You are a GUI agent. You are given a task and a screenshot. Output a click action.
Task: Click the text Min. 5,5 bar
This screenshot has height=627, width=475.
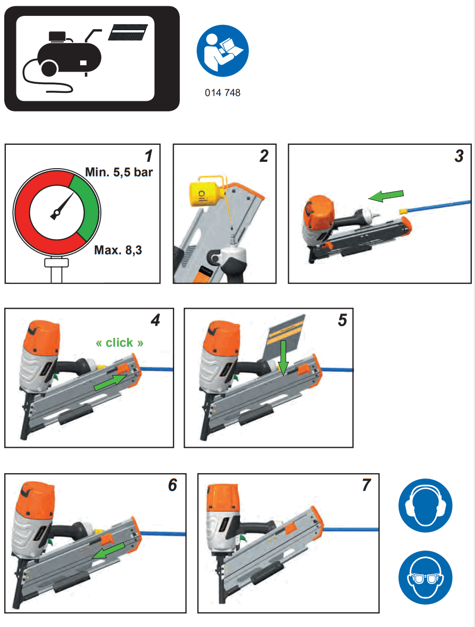119,172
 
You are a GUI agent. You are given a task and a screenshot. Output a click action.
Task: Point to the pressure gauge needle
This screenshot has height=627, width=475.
63,206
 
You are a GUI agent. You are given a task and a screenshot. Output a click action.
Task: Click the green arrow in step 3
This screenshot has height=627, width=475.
386,195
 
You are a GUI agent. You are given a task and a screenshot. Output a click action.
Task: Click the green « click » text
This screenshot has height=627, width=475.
119,343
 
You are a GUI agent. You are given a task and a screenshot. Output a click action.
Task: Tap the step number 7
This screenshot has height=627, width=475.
365,485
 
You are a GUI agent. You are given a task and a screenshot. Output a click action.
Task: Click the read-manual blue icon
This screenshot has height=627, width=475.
222,52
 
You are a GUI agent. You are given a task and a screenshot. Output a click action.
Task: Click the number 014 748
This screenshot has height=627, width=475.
222,93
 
